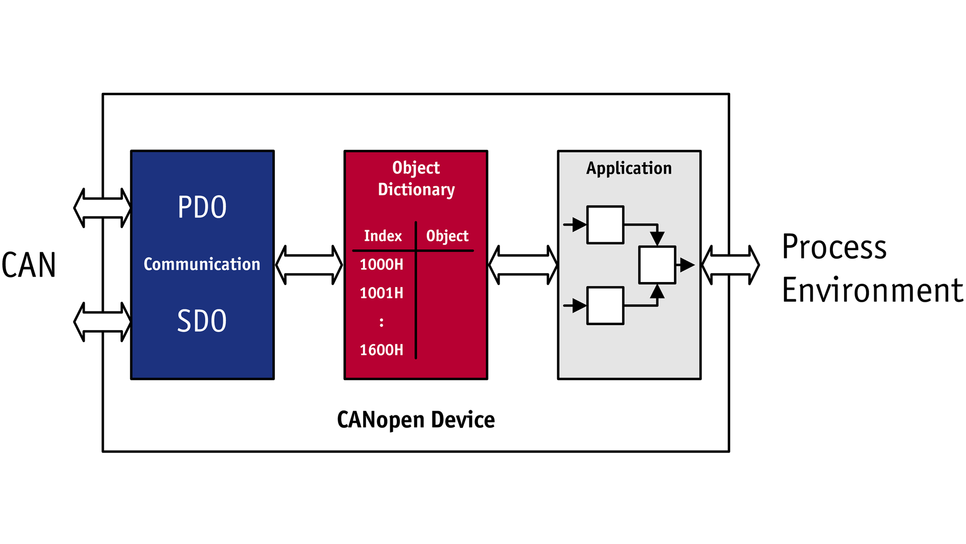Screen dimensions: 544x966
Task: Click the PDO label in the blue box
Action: point(202,207)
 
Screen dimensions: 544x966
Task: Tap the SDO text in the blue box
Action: point(202,321)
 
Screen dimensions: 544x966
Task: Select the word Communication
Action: point(202,264)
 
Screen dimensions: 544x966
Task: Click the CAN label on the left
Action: point(29,265)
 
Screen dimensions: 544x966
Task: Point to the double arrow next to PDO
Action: point(102,208)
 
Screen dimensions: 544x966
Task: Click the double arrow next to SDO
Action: point(102,322)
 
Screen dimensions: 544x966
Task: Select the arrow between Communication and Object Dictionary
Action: point(309,265)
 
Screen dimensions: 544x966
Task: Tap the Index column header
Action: point(383,236)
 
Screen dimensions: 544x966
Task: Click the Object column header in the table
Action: point(447,236)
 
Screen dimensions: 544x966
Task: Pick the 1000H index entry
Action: point(381,264)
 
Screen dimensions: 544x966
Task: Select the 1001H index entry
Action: point(381,293)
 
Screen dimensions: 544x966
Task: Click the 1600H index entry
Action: point(381,350)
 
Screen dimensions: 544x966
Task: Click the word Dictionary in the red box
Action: point(416,190)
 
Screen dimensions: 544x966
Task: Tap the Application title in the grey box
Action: point(629,168)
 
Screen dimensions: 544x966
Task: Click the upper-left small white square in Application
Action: point(605,225)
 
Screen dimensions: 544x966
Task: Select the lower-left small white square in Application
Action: point(605,306)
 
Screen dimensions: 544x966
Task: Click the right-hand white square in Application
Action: point(656,265)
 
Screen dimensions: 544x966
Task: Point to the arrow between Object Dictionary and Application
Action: point(523,265)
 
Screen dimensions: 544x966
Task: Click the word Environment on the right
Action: point(872,291)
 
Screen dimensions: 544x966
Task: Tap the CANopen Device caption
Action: point(415,420)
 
